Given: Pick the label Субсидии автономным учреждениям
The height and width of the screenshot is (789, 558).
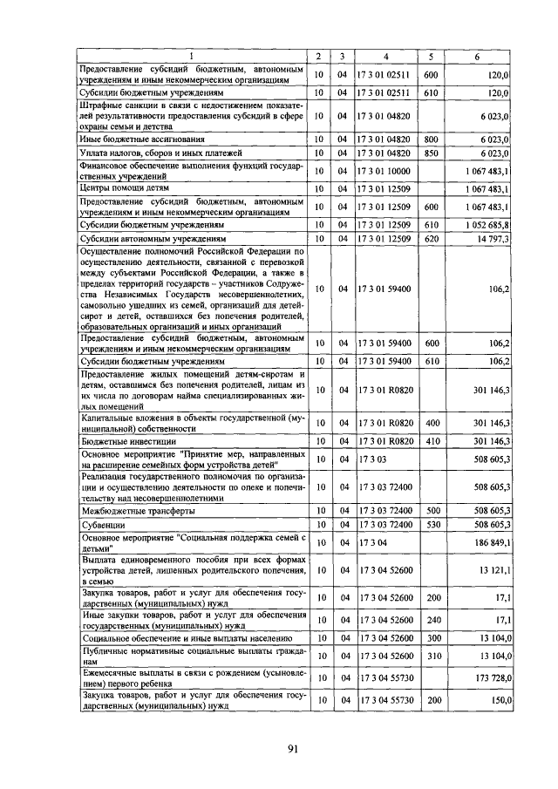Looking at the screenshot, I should (x=153, y=238).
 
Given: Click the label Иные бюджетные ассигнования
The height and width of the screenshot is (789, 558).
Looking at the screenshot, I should (x=142, y=139).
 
